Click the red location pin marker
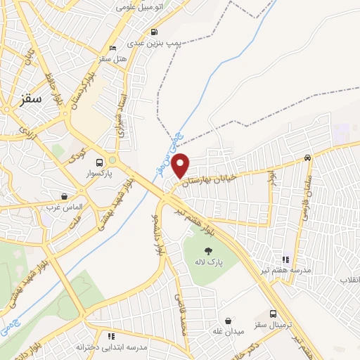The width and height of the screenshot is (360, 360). click(181, 165)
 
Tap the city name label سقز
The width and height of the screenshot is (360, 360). click(31, 99)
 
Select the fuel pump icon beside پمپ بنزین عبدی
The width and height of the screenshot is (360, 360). click(154, 32)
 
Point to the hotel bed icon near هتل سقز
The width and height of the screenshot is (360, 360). click(112, 49)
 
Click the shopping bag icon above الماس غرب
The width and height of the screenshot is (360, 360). click(65, 196)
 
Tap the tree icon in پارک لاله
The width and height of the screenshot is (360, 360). click(207, 251)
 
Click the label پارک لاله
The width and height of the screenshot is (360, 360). click(207, 262)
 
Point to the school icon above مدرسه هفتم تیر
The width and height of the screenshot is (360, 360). click(285, 259)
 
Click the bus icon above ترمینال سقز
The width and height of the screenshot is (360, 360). click(273, 314)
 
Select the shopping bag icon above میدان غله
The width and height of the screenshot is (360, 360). click(229, 318)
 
